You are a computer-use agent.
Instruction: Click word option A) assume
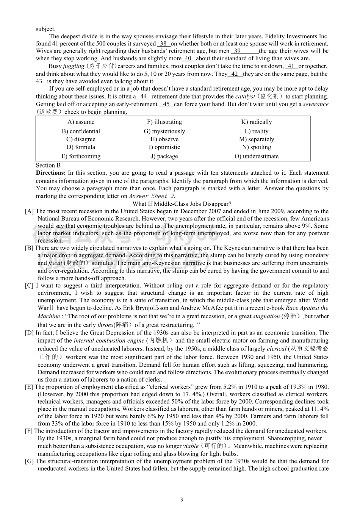pyautogui.click(x=81, y=122)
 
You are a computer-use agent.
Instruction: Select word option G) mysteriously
pyautogui.click(x=164, y=131)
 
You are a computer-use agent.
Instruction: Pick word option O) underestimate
pyautogui.click(x=256, y=156)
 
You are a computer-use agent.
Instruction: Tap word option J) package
pyautogui.click(x=164, y=156)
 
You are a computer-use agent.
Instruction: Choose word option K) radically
pyautogui.click(x=256, y=122)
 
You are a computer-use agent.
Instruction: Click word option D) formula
pyautogui.click(x=81, y=147)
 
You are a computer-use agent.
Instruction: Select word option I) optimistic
pyautogui.click(x=164, y=147)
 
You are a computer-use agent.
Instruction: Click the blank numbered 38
pyautogui.click(x=164, y=44)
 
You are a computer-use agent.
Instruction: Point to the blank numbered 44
pyautogui.click(x=143, y=97)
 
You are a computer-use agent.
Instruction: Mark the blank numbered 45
pyautogui.click(x=166, y=104)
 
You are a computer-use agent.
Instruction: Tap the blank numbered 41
pyautogui.click(x=291, y=66)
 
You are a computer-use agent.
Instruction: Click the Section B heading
pyautogui.click(x=48, y=165)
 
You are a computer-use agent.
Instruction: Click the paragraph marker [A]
pyautogui.click(x=29, y=211)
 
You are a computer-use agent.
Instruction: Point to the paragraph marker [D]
pyautogui.click(x=29, y=333)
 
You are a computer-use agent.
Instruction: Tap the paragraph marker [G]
pyautogui.click(x=29, y=461)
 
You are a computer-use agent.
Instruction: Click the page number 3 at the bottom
pyautogui.click(x=182, y=500)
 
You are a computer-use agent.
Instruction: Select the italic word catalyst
pyautogui.click(x=245, y=97)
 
